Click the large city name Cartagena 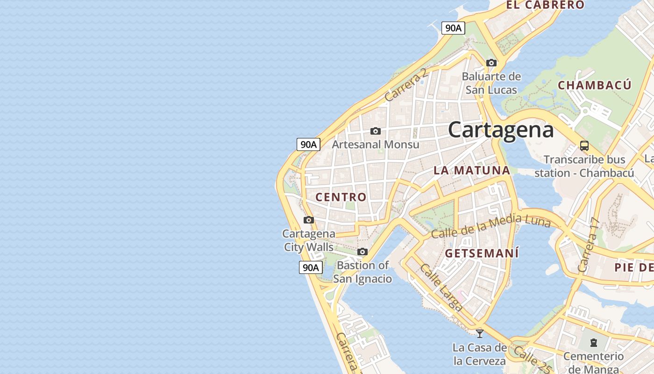tap(501, 129)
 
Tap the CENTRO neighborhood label tap(341, 197)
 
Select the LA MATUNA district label tap(471, 170)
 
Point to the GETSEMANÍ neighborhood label tap(482, 254)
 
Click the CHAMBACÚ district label tap(595, 85)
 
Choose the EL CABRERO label tap(545, 5)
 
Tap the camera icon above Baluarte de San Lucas tap(491, 63)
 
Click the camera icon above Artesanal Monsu tap(376, 131)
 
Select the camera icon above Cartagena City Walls tap(309, 220)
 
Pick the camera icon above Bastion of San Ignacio tap(363, 252)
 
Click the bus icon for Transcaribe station tap(584, 145)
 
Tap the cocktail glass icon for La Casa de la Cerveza tap(479, 333)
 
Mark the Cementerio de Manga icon tap(593, 343)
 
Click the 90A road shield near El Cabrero tap(453, 28)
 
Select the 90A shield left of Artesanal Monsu tap(308, 144)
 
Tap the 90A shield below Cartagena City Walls tap(311, 268)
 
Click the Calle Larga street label tap(441, 288)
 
